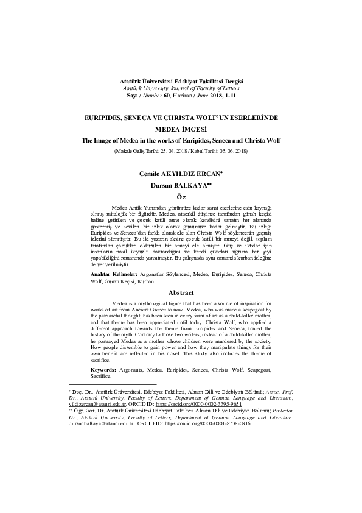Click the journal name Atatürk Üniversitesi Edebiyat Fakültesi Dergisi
pyautogui.click(x=181, y=80)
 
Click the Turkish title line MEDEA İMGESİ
pyautogui.click(x=181, y=128)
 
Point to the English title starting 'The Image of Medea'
pyautogui.click(x=181, y=140)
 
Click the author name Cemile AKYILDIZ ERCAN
pyautogui.click(x=179, y=174)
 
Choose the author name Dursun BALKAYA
pyautogui.click(x=179, y=185)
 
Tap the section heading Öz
pyautogui.click(x=181, y=197)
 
